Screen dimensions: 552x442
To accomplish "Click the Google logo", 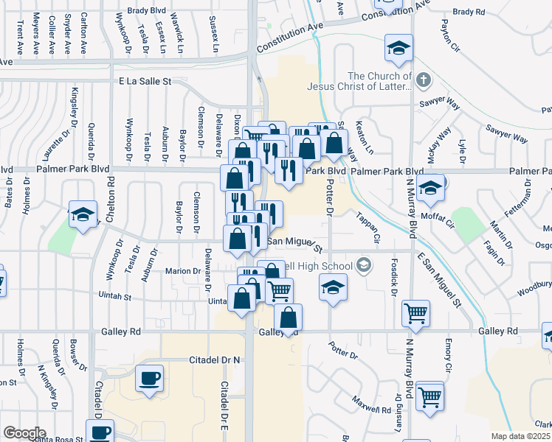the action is (24, 433).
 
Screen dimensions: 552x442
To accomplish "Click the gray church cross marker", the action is (424, 80).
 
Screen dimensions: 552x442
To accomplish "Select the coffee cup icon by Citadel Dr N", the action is (151, 378).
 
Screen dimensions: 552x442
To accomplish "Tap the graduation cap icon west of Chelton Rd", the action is (83, 214).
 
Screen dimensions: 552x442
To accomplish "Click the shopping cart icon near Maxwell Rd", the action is (429, 398).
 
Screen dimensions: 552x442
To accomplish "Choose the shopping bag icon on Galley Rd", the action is (289, 318).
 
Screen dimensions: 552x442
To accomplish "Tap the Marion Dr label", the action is (187, 271).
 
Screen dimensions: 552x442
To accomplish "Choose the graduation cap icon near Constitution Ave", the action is (398, 49).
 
